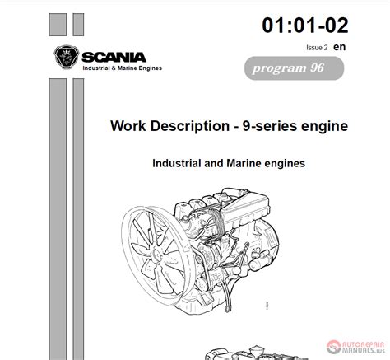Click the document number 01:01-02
[305, 26]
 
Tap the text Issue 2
[317, 48]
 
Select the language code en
[340, 47]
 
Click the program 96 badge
[294, 68]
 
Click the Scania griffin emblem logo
[67, 57]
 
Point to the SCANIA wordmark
[114, 58]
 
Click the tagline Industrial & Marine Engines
[123, 68]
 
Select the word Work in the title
[128, 126]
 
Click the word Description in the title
[190, 127]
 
